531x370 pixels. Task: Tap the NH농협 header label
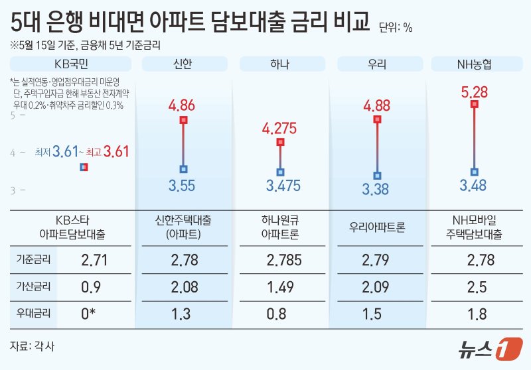pyautogui.click(x=474, y=64)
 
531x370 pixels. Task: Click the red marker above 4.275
pyautogui.click(x=280, y=142)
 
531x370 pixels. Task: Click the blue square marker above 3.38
pyautogui.click(x=377, y=176)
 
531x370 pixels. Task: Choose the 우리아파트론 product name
pyautogui.click(x=377, y=227)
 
